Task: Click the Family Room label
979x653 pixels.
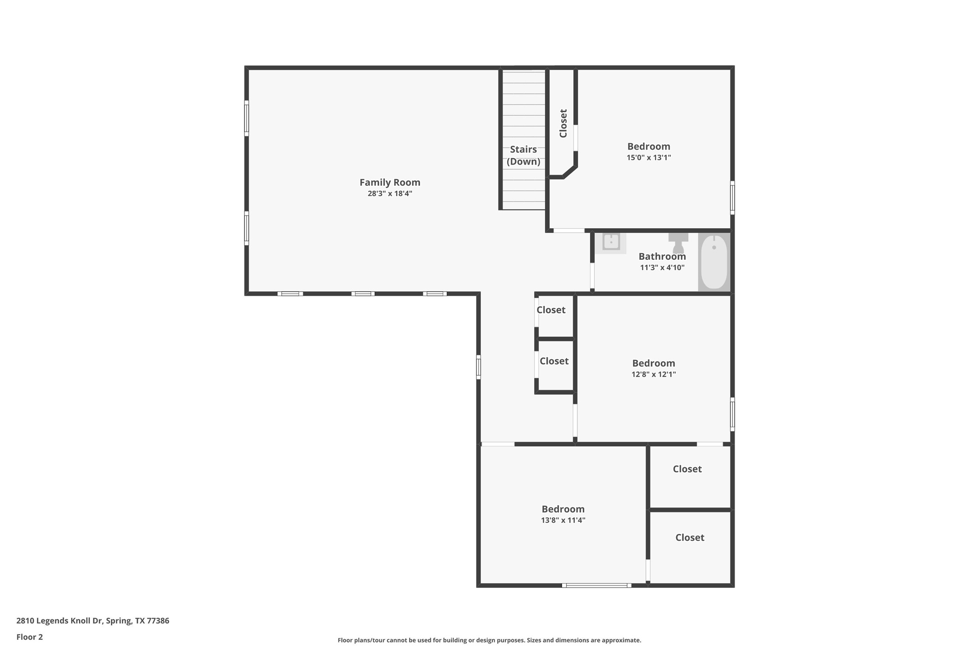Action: coord(389,182)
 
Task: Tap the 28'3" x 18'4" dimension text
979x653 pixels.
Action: coord(389,193)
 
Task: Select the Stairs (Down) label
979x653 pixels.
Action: coord(523,155)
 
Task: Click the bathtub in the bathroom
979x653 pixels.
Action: coord(714,262)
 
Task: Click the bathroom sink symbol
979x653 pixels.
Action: coord(611,242)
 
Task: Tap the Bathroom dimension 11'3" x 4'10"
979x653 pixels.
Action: coord(662,267)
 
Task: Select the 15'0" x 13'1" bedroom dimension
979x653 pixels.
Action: coord(648,157)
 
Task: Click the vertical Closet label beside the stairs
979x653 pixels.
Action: coord(563,123)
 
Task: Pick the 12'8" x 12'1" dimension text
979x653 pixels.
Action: coord(653,374)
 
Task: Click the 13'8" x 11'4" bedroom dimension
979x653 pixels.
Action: coord(563,520)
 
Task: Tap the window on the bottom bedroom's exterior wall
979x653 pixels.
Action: coord(596,585)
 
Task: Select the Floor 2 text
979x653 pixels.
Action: coord(29,637)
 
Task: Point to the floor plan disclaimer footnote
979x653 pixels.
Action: coord(489,640)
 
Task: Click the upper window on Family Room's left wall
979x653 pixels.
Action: coord(247,118)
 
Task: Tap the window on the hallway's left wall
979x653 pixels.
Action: coord(478,367)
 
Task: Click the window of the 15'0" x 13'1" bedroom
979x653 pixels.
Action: coord(732,198)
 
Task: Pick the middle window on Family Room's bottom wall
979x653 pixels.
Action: coord(363,294)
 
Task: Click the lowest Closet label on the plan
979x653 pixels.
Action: coord(689,537)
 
